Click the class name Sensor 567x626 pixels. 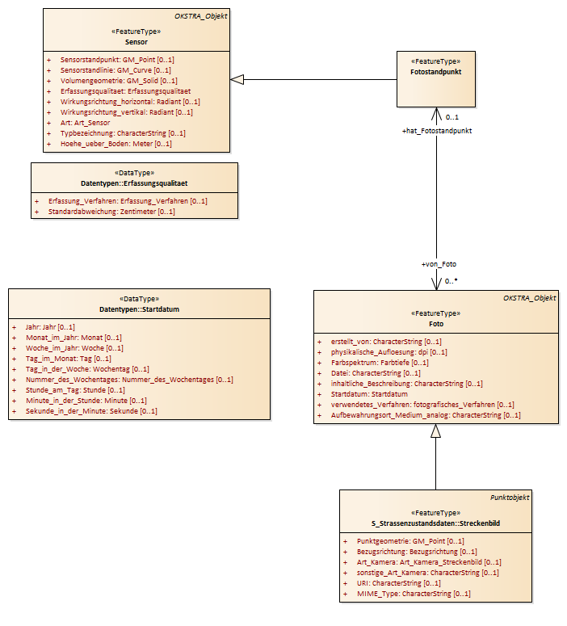136,42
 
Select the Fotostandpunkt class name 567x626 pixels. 435,72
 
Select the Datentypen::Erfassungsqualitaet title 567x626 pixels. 134,183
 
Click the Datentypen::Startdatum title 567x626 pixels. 139,309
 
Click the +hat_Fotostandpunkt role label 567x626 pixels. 437,131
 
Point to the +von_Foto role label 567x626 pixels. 439,264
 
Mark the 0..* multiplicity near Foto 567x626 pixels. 451,281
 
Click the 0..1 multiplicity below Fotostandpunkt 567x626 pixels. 452,117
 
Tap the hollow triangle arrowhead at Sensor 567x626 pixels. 237,79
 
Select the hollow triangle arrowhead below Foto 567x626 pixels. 435,431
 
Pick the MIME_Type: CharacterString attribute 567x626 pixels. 414,594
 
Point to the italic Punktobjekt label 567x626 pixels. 510,498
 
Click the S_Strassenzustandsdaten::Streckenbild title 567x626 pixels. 435,523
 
